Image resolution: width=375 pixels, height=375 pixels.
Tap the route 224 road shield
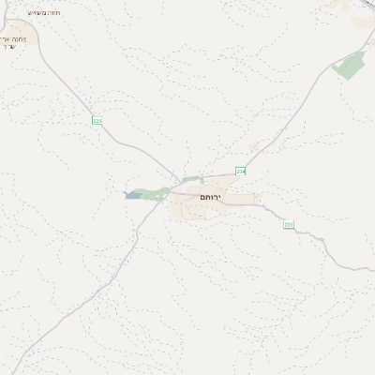[x=97, y=121]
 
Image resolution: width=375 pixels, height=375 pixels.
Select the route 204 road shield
[x=240, y=172]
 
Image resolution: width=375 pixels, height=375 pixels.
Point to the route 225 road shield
[x=288, y=224]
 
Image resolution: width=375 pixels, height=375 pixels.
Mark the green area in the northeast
[x=350, y=66]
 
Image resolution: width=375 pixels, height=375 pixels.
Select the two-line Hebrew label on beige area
[x=18, y=42]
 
